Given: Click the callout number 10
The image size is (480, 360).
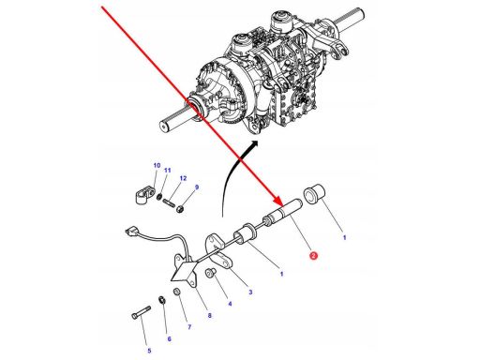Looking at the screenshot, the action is tap(157, 165).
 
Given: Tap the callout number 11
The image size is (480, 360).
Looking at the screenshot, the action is tap(168, 171).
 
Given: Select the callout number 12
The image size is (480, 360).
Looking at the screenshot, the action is tap(183, 178).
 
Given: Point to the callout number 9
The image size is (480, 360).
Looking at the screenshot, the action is tap(197, 187).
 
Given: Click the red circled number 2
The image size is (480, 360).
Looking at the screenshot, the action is tap(313, 256).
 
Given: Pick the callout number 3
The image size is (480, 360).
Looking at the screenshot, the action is tap(250, 292).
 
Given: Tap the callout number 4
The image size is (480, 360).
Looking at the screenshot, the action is tap(230, 304).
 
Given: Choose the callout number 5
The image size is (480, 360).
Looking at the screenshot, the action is tap(149, 351).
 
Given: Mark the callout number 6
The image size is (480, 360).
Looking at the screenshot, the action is tap(170, 339).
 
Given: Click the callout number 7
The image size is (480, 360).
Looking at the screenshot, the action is tap(189, 327).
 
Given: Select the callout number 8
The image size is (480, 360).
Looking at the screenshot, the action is tap(209, 316).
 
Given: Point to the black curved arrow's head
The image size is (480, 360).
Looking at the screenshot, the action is tap(255, 143).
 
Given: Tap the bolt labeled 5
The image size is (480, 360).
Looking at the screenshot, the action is tap(142, 312).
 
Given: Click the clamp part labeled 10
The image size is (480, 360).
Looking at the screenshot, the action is tap(145, 194).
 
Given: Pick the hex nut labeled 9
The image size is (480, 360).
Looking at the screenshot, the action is tap(180, 208).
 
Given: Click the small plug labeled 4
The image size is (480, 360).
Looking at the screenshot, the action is tap(209, 274).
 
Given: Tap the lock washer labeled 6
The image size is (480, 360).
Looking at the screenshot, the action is tap(162, 300).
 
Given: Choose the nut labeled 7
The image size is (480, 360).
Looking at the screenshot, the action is tap(176, 292).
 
